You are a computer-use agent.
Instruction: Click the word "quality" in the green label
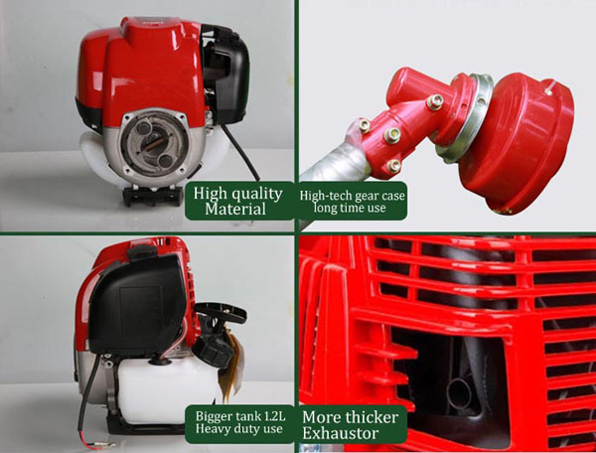[257, 195]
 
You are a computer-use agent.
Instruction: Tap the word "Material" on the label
[235, 209]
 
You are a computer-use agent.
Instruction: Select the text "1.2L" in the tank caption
[272, 416]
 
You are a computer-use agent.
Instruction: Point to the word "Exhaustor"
[340, 433]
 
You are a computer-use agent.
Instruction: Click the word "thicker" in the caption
[372, 417]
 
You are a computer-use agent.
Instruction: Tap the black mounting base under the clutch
[153, 196]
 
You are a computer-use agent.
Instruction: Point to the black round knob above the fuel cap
[221, 312]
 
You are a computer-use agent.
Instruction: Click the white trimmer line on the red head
[550, 87]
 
